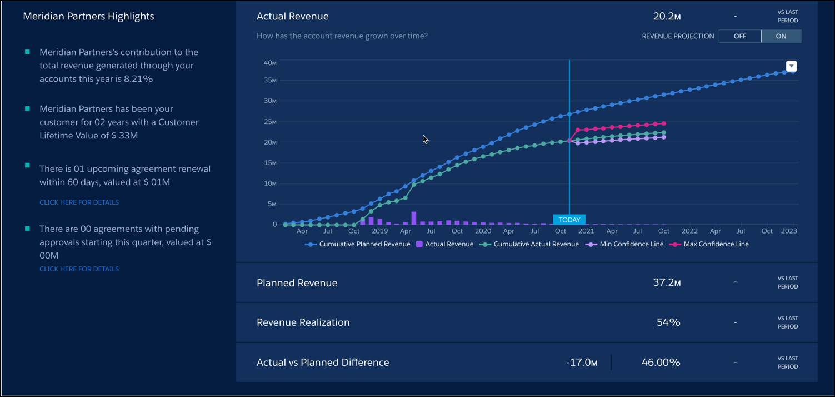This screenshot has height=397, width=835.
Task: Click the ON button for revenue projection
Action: point(781,36)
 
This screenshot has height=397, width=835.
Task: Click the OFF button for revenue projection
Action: point(739,36)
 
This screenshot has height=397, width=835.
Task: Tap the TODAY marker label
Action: point(569,220)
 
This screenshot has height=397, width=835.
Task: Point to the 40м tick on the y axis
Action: point(270,63)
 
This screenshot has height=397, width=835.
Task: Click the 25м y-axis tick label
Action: point(270,122)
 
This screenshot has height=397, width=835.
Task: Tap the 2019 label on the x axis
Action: point(379,231)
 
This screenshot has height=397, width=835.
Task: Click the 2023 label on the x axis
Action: point(789,231)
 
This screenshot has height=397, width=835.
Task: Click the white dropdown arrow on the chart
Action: point(791,66)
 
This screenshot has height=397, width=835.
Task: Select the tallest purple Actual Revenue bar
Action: point(414,218)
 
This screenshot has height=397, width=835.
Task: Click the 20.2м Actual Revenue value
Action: point(667,17)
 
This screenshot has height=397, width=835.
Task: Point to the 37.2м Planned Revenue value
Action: point(667,283)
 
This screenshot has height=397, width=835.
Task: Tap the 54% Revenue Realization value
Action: point(668,322)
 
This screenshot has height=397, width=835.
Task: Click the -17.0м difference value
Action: point(582,363)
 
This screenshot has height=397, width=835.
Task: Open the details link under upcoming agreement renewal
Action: point(79,202)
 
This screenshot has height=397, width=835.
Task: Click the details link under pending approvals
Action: point(79,269)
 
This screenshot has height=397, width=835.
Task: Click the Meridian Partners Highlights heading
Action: point(88,17)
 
